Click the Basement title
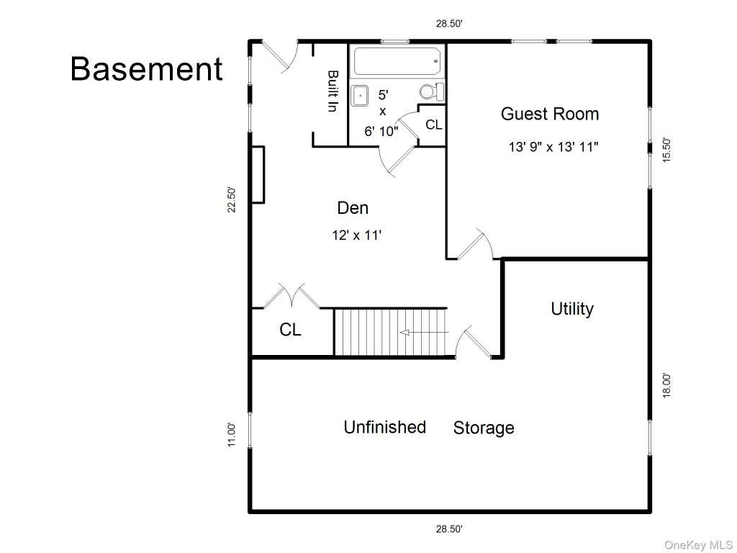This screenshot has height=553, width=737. (x=147, y=69)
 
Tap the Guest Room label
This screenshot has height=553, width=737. (x=550, y=114)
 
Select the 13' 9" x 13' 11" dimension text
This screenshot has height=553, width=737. (x=553, y=147)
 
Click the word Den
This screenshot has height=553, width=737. (x=353, y=208)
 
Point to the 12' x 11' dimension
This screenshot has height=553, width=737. (x=356, y=235)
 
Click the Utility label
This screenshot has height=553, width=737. (x=572, y=309)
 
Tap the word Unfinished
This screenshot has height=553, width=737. (x=384, y=427)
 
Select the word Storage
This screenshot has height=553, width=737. (x=484, y=428)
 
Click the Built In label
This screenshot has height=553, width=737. (x=333, y=91)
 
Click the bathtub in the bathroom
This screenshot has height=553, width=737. (x=397, y=61)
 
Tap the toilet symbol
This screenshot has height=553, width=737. (x=432, y=91)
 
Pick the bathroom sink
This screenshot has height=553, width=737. (x=360, y=96)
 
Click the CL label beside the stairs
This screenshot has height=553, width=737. (x=290, y=330)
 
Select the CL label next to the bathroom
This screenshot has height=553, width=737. (x=433, y=125)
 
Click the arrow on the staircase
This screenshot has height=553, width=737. (x=424, y=333)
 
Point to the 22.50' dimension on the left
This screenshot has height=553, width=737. (x=232, y=200)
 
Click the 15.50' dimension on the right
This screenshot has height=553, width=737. (x=666, y=150)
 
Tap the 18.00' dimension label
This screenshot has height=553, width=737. (x=666, y=385)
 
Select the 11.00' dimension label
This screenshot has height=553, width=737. (x=232, y=434)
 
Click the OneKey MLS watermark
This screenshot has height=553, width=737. (x=698, y=545)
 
